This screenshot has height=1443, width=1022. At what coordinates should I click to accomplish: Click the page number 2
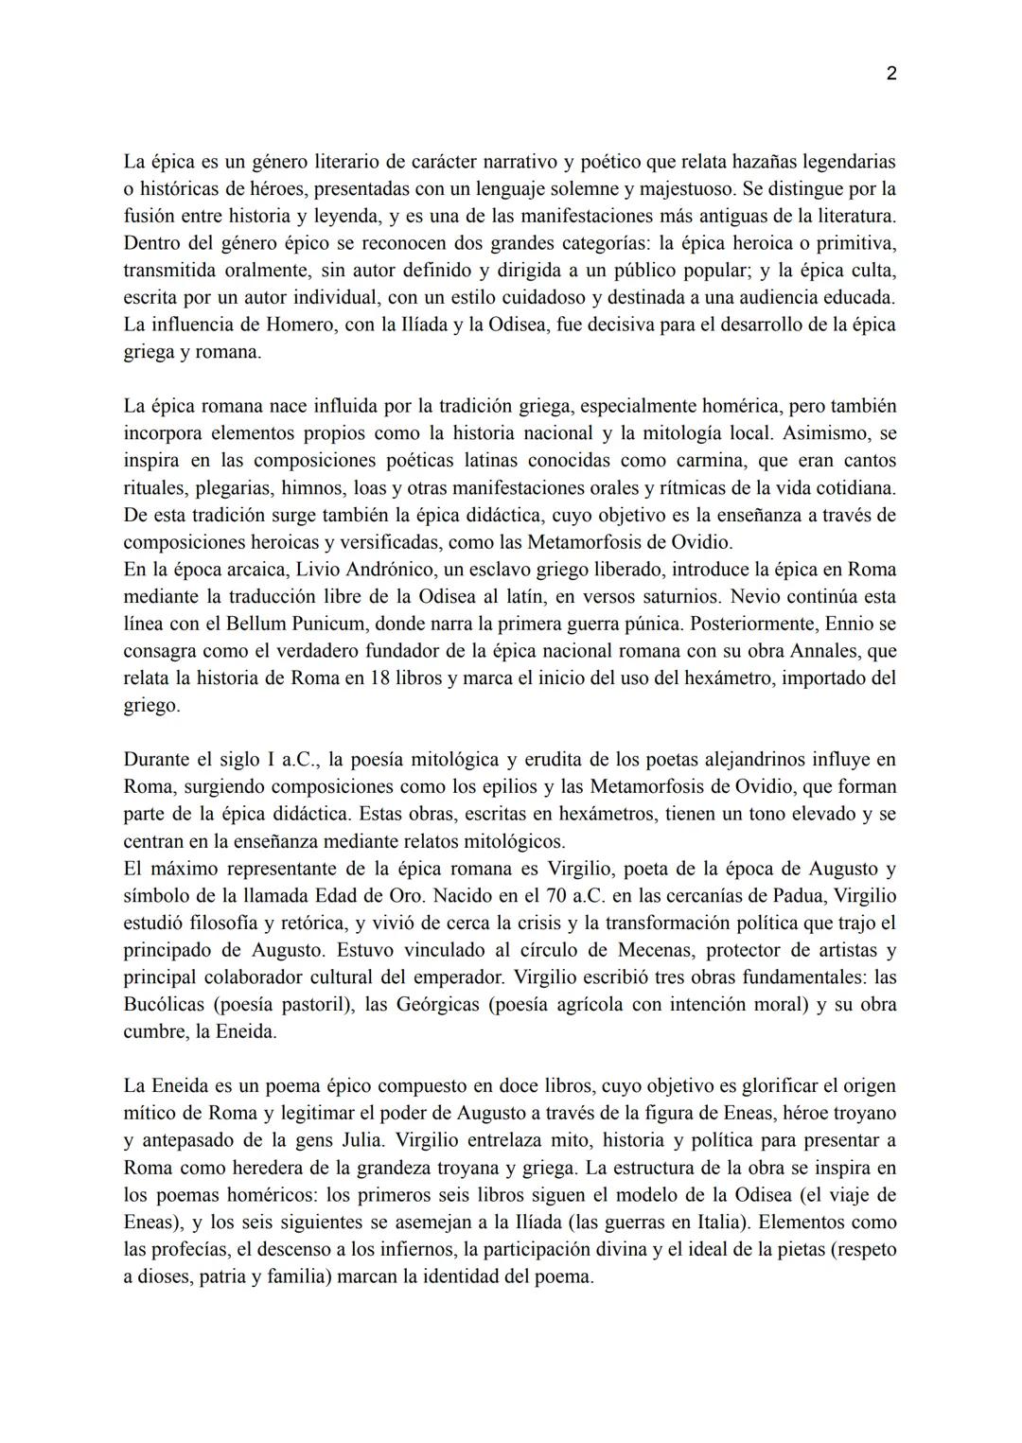891,74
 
